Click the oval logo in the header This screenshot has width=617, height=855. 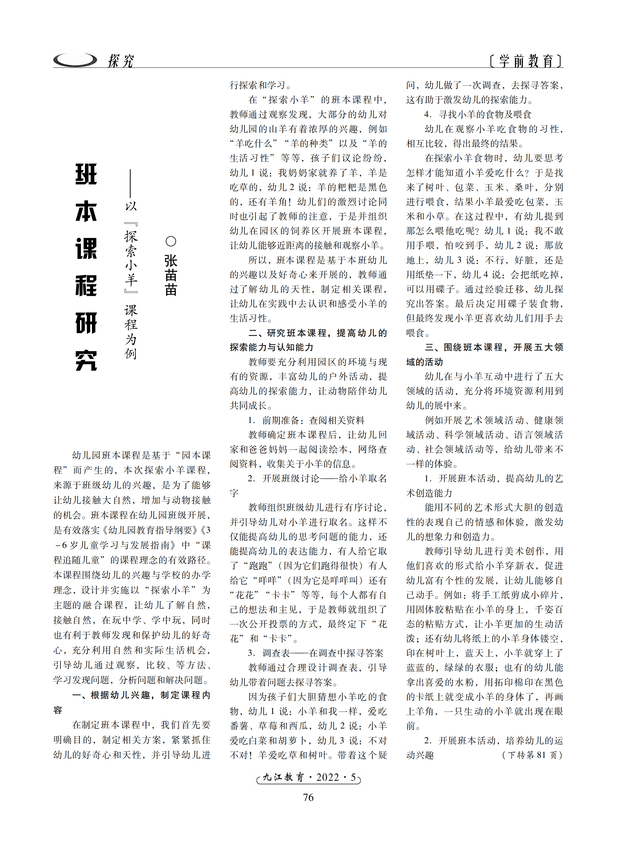coord(75,60)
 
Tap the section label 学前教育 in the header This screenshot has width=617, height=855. coord(526,61)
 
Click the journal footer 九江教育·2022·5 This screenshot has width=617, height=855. coord(308,777)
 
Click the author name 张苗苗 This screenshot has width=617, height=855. coord(171,275)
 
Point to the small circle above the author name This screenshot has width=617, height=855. coord(171,241)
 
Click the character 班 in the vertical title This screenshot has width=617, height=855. coord(86,174)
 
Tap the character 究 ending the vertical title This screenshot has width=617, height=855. coord(86,360)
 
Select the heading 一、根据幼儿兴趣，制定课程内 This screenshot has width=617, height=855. coord(141,695)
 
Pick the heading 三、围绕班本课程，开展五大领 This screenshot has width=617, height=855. coord(494,347)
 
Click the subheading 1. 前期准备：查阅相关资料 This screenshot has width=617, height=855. coord(306,420)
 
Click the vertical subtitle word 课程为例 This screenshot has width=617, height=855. coord(131,332)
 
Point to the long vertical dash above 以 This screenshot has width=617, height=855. coord(130,183)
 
